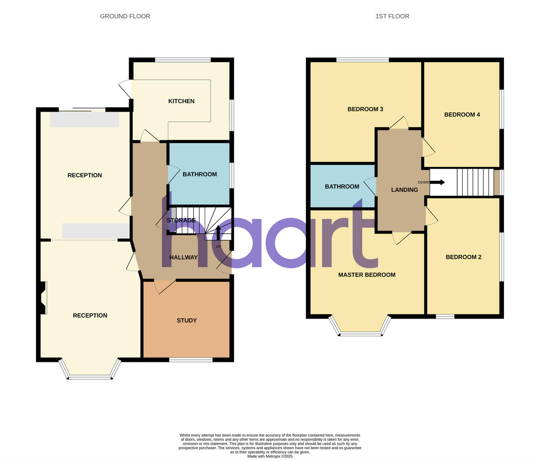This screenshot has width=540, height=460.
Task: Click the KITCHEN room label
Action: coord(181,101)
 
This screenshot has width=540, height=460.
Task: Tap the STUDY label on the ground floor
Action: coord(187,320)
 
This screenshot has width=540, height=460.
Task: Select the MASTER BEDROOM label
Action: coord(367,275)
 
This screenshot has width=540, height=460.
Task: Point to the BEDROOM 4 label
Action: coord(462,115)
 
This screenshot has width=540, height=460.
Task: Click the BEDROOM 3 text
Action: coord(365,109)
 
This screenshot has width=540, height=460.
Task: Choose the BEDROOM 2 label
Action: coord(463,257)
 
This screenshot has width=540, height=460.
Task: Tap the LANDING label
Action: coord(404,190)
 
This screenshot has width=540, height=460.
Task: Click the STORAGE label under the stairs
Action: coord(181,221)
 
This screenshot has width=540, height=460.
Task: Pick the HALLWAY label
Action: coord(184,257)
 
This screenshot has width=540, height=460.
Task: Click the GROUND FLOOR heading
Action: coord(125,16)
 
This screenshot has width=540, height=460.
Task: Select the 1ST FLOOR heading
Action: coord(392,16)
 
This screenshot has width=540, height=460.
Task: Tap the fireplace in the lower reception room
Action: coord(43,298)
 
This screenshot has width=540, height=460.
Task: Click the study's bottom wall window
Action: coord(191,360)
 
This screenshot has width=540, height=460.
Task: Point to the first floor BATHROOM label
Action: coord(342,186)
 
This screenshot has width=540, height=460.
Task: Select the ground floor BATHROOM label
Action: coord(200,174)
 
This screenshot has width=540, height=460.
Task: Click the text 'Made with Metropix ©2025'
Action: coord(270,456)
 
